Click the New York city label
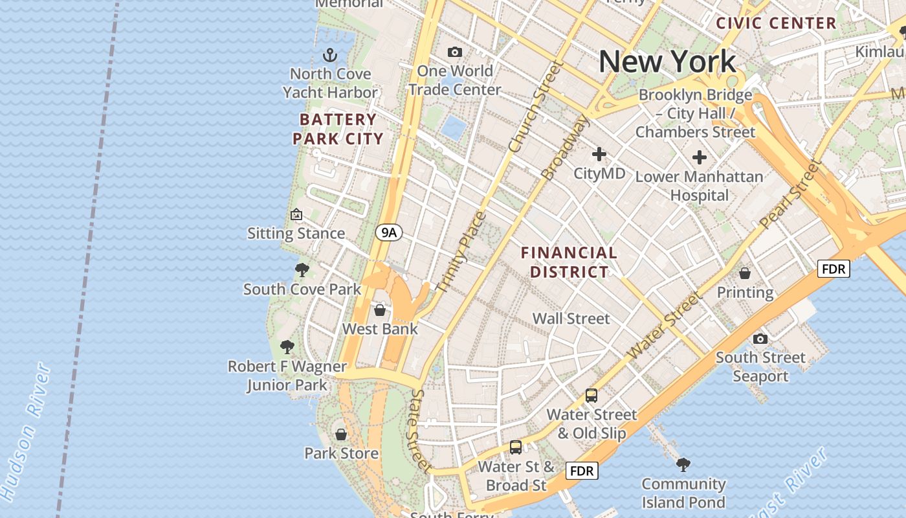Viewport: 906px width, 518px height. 667,62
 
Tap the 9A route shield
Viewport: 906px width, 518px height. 388,232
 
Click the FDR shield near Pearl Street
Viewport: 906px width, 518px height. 833,268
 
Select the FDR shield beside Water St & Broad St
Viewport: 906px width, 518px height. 581,471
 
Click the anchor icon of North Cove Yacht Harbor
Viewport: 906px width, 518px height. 330,55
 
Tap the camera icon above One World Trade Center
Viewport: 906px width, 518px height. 455,52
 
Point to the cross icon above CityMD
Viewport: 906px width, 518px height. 599,154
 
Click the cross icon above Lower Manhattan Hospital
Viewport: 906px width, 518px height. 699,157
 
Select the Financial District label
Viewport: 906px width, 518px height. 569,262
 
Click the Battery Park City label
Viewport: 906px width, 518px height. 338,129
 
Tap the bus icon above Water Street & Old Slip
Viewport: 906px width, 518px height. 591,395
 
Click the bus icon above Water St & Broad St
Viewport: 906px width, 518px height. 516,447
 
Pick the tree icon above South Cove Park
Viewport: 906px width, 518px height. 302,270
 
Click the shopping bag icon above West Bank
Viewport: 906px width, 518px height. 380,310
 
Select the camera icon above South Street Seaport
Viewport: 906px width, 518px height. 760,339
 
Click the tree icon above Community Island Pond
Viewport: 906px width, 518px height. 683,464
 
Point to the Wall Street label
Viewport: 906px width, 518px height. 571,318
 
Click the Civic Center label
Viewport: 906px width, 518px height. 776,23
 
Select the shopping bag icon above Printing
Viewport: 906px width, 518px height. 745,273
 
